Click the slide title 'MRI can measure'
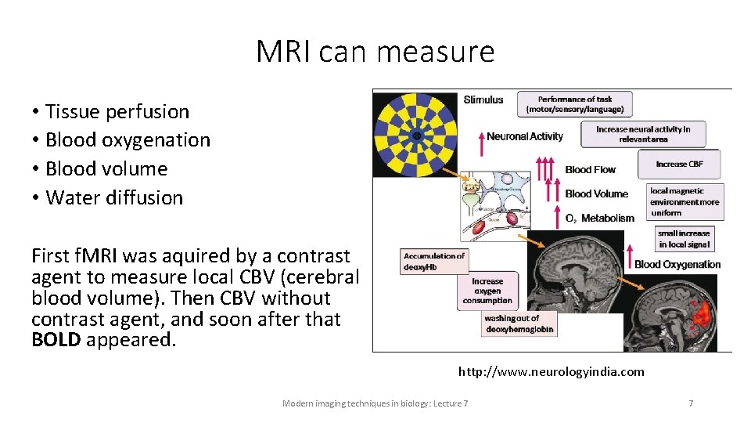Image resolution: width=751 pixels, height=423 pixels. (375, 52)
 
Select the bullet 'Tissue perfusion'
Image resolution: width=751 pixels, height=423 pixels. (117, 112)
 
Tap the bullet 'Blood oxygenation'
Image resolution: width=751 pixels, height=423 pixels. (128, 140)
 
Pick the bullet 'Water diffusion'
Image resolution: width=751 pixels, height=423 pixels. (114, 198)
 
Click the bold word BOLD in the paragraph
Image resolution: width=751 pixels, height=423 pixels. (56, 341)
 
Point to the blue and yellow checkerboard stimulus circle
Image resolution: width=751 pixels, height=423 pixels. (417, 136)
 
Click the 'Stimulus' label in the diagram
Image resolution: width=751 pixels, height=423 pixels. (483, 99)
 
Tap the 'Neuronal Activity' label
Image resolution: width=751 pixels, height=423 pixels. (524, 136)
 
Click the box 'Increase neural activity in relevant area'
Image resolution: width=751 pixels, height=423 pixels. (642, 134)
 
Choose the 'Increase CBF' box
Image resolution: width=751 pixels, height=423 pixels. (678, 164)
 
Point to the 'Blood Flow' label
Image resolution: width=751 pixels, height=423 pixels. (590, 169)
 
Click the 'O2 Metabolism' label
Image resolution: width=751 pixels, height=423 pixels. (599, 218)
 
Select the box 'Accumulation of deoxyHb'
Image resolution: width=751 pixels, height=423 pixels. (433, 261)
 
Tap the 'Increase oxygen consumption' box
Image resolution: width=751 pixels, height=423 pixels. (487, 291)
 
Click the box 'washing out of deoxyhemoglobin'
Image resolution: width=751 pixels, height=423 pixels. (519, 324)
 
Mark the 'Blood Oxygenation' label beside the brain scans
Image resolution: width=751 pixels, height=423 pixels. (677, 264)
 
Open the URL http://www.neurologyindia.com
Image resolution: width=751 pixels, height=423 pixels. (551, 371)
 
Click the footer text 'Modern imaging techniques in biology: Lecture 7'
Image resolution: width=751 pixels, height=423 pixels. (375, 403)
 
